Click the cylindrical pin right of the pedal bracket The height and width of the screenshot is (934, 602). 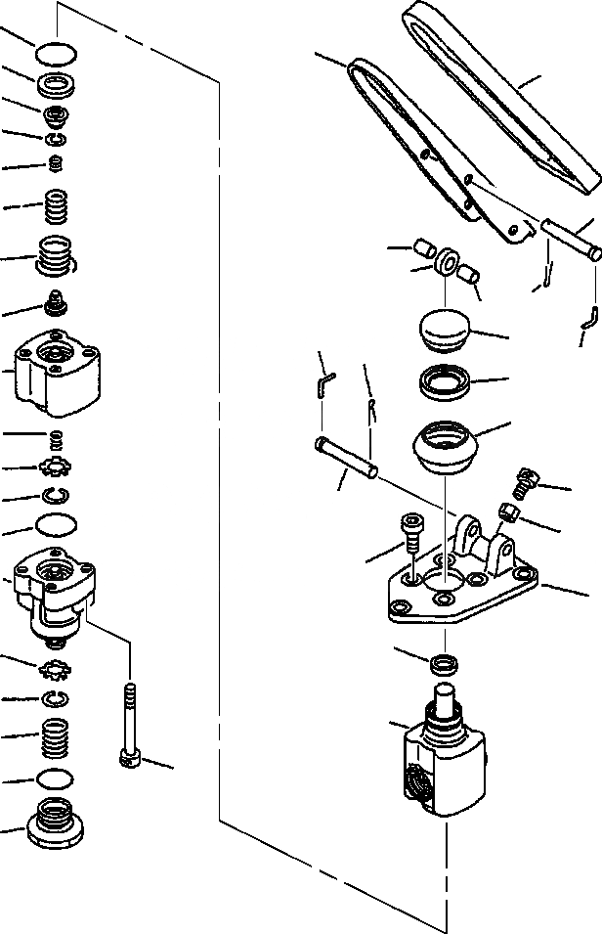click(571, 241)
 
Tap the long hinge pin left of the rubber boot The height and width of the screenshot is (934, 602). click(347, 458)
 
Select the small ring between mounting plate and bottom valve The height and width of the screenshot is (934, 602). click(445, 662)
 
